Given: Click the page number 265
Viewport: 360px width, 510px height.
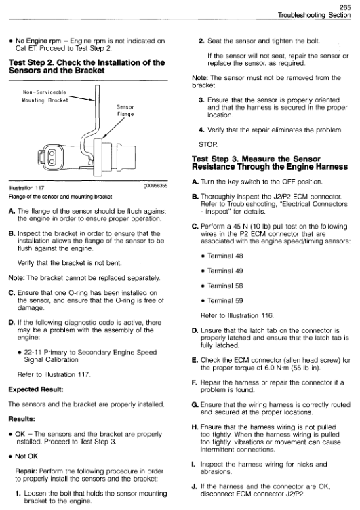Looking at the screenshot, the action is pos(345,7).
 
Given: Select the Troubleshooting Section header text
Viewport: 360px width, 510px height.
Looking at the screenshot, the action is pos(315,15).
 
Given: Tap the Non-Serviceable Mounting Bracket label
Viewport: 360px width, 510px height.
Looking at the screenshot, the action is pos(45,96).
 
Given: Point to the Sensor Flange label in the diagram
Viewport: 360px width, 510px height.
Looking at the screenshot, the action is pos(125,111).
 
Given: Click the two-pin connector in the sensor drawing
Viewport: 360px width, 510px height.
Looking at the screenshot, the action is pos(52,157).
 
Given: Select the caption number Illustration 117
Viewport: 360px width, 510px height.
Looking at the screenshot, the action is pos(26,188).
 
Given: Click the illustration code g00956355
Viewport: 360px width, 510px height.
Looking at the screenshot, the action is pos(155,186).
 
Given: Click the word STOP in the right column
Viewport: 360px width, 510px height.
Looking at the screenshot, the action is pos(208,144).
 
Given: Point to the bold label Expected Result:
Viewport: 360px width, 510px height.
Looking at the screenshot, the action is pos(36,389).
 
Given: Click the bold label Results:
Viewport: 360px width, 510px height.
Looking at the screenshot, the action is pos(22,419).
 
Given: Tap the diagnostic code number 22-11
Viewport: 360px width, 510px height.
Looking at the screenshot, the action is pos(33,352).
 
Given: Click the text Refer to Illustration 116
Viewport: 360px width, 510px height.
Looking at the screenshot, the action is pos(237,315).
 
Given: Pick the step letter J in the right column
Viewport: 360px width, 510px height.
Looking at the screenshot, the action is pos(195,486).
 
